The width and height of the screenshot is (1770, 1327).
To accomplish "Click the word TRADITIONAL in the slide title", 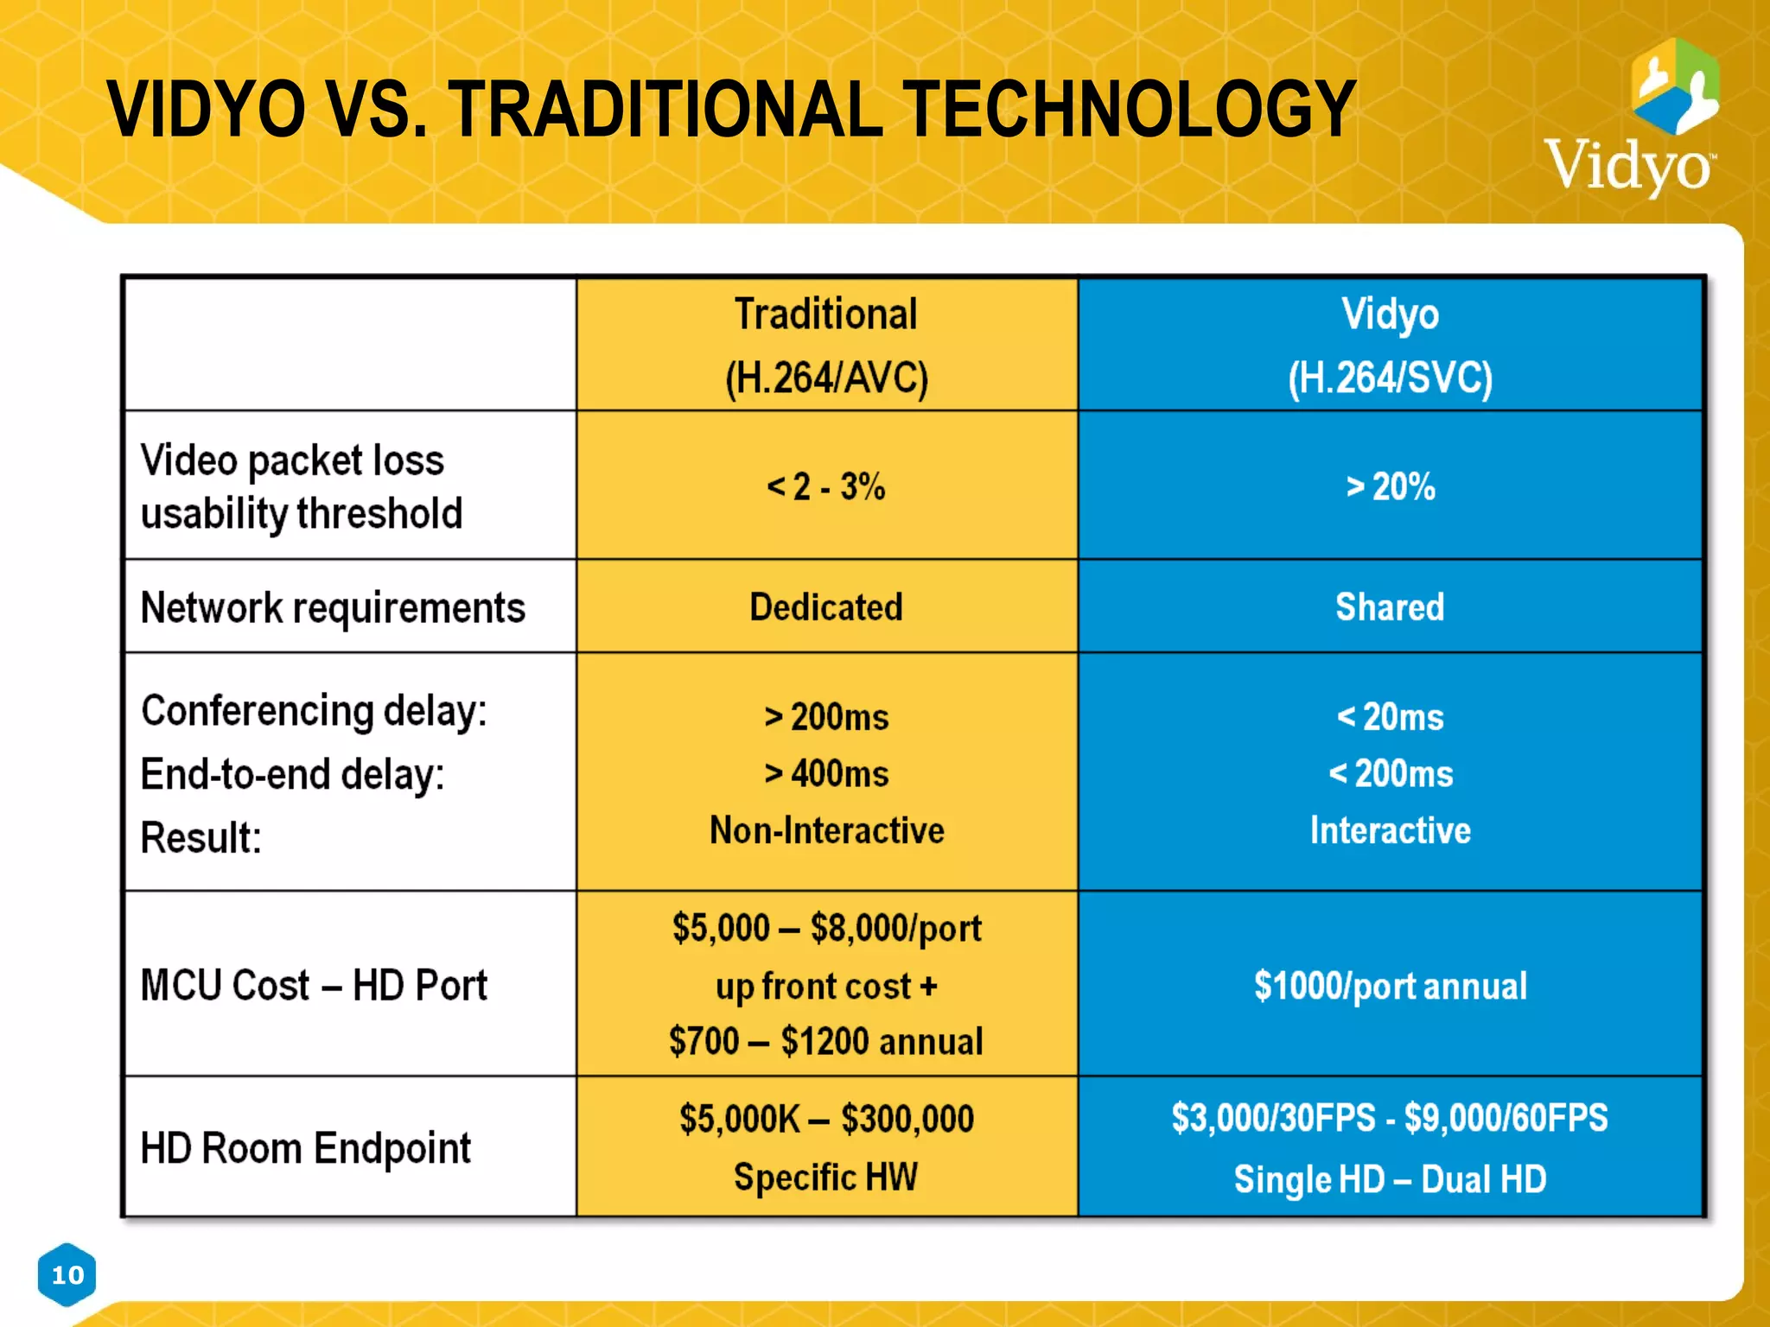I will click(665, 110).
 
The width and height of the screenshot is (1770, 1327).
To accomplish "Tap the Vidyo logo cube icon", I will click(1675, 86).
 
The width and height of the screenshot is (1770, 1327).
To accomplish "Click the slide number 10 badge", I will click(67, 1274).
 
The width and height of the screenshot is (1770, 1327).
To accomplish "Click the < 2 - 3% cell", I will click(826, 486).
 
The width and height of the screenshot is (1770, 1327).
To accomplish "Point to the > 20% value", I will click(1390, 486).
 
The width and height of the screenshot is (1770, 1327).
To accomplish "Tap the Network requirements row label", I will click(333, 607).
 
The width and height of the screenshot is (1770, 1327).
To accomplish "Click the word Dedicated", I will click(826, 607).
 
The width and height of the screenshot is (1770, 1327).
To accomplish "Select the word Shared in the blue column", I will click(1390, 607).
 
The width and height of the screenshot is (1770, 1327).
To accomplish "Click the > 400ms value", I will click(826, 773).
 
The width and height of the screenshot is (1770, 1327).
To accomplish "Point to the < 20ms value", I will click(1390, 717).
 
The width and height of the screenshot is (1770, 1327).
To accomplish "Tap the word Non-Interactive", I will click(826, 830).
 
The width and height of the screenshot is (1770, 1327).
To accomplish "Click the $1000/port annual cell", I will click(1390, 986).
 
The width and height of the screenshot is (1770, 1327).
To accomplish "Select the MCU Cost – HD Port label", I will click(314, 986).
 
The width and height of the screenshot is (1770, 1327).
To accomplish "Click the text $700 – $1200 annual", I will click(826, 1041).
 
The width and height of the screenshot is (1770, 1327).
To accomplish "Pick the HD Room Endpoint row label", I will click(305, 1149).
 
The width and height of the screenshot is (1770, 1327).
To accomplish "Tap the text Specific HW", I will click(826, 1177).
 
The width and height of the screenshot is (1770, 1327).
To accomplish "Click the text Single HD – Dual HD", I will click(1390, 1179).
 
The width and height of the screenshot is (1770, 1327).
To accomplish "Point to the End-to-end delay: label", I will click(292, 774).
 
